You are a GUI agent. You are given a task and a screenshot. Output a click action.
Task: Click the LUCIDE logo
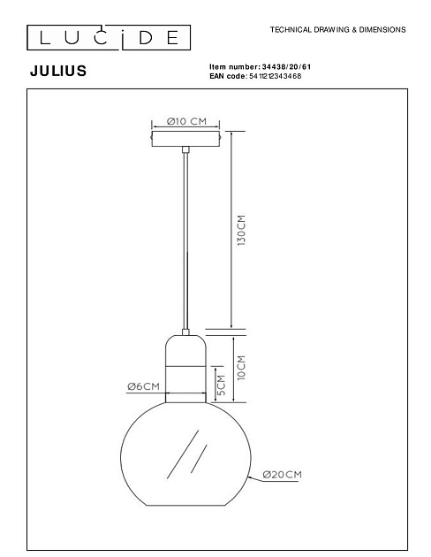pos(104,37)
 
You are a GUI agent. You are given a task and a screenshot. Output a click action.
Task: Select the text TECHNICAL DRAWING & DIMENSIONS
pos(337,29)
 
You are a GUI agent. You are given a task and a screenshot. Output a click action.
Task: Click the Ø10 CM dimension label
pos(186,121)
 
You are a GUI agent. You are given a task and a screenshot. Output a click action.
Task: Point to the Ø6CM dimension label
pos(143,386)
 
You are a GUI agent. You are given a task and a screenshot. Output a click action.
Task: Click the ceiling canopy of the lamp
pos(186,140)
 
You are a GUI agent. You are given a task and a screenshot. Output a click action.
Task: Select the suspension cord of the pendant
pos(186,239)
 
